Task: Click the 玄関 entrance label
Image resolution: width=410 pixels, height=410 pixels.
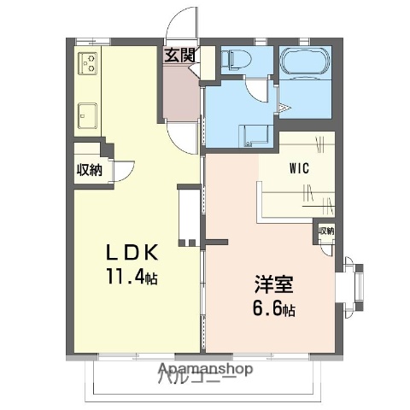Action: tap(179, 56)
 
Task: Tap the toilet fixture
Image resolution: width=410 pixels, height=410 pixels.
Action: tap(236, 61)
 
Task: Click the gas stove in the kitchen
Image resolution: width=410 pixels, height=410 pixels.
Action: tap(90, 64)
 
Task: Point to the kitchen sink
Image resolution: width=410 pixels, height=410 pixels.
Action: tap(87, 111)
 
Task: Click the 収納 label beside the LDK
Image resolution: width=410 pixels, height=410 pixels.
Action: tap(90, 169)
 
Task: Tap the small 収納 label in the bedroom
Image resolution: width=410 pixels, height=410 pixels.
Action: tap(326, 231)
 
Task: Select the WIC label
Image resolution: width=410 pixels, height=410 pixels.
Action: tap(298, 169)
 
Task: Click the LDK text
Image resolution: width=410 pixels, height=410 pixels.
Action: tap(132, 254)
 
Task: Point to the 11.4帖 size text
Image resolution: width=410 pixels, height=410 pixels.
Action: tap(132, 278)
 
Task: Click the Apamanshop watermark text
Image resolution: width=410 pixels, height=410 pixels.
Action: tap(205, 370)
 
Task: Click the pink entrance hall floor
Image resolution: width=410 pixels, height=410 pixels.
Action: tap(180, 94)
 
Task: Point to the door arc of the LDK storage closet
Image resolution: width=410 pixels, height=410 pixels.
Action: tap(122, 171)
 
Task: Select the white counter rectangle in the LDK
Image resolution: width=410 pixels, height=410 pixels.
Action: tap(188, 216)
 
